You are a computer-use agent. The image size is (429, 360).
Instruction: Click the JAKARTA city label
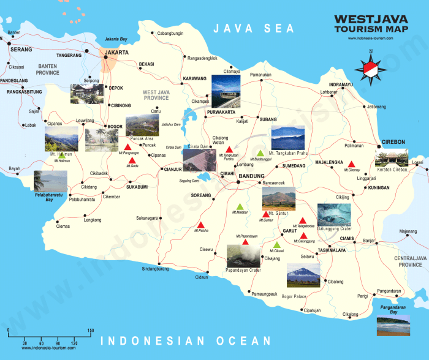[117, 53]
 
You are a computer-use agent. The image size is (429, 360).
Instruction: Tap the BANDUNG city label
[251, 177]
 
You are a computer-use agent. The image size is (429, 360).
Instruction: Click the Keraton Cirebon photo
[391, 158]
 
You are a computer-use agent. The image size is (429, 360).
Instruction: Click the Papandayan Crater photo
[244, 256]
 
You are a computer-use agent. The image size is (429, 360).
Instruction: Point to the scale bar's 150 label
[90, 331]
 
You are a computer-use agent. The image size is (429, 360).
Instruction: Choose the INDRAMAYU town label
[341, 84]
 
